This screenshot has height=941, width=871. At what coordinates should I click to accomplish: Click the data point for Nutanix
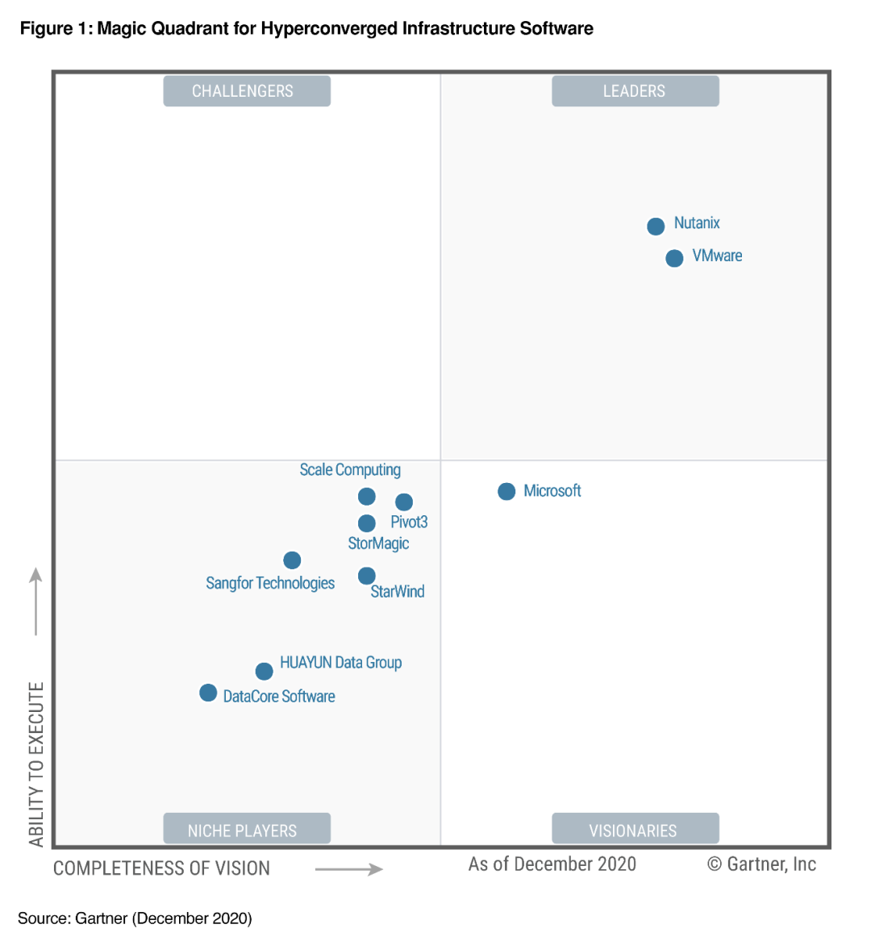[656, 227]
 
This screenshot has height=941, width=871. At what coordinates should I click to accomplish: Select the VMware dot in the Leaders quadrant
[674, 259]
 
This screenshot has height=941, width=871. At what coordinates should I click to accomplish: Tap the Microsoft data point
[506, 492]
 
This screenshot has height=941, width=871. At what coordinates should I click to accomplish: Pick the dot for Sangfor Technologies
[292, 560]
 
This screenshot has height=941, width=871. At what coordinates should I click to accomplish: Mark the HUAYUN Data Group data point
[264, 672]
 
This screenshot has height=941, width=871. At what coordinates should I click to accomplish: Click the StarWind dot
[366, 576]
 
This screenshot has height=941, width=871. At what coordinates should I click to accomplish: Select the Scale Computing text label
[350, 470]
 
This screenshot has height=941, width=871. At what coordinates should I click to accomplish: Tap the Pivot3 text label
[409, 523]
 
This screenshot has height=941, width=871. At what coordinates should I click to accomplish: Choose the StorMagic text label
[378, 543]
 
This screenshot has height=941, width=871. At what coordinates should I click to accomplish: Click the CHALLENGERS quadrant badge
[247, 91]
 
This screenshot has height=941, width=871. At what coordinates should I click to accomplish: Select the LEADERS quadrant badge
[635, 91]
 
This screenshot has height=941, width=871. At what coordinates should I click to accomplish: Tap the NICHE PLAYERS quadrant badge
[247, 830]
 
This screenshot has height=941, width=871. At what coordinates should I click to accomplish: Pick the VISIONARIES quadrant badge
[635, 830]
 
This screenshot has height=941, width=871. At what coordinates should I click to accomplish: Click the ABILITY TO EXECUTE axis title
[36, 764]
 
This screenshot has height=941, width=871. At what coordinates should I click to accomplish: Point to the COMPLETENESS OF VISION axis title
[161, 868]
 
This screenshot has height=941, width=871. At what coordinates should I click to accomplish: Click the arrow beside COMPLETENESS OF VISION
[348, 869]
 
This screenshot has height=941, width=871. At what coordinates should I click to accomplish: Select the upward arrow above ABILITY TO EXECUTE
[35, 601]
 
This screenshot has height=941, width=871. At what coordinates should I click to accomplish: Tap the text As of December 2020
[552, 864]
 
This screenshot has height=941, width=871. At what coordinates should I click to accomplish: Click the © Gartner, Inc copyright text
[761, 864]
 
